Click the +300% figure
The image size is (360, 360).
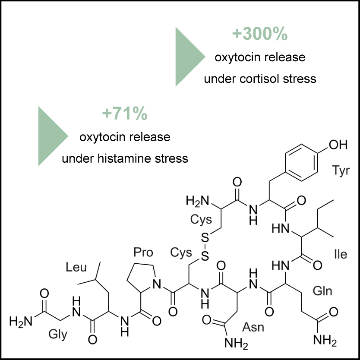pyautogui.click(x=259, y=35)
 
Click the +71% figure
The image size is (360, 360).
pyautogui.click(x=125, y=114)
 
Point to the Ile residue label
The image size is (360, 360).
pyautogui.click(x=340, y=254)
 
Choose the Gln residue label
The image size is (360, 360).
pyautogui.click(x=323, y=291)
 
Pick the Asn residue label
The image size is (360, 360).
pyautogui.click(x=255, y=327)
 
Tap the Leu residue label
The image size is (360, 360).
pyautogui.click(x=76, y=267)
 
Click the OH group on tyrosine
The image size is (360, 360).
pyautogui.click(x=337, y=145)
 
